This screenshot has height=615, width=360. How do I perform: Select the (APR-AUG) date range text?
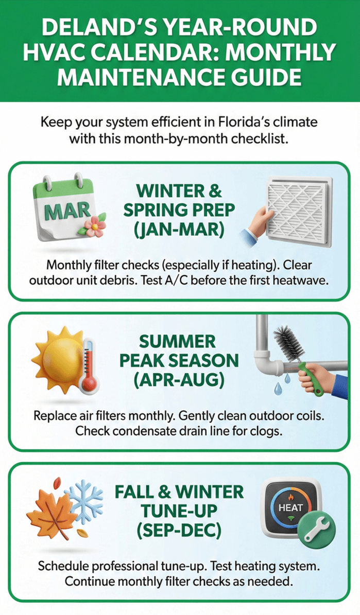coord(179,380)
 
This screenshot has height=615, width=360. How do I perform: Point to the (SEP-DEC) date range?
coord(179,531)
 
